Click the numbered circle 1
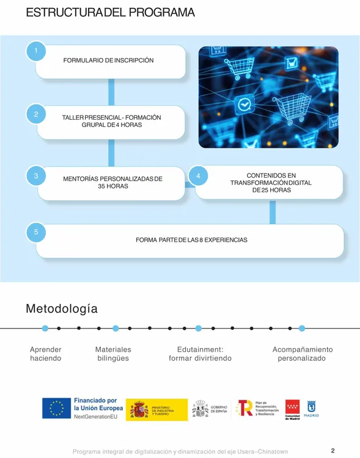click(x=36, y=51)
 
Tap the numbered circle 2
click(x=36, y=114)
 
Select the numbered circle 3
click(x=36, y=176)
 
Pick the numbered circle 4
click(x=198, y=176)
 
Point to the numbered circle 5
click(x=36, y=232)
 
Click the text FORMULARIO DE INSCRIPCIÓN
click(x=108, y=60)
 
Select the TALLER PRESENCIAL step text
click(x=111, y=121)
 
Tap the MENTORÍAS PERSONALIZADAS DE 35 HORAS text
click(x=112, y=183)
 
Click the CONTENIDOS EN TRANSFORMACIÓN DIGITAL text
click(x=271, y=183)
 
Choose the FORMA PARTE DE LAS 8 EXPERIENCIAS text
click(x=191, y=240)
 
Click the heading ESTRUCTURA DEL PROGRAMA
click(x=110, y=13)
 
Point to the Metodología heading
click(x=61, y=309)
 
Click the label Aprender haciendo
click(x=46, y=354)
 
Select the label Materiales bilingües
click(x=113, y=354)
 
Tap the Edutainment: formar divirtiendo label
click(x=200, y=354)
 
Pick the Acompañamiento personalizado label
click(x=302, y=354)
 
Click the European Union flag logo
click(x=57, y=409)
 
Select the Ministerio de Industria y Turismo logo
click(x=156, y=410)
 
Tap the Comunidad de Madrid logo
click(x=292, y=410)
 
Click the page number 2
click(x=332, y=451)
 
